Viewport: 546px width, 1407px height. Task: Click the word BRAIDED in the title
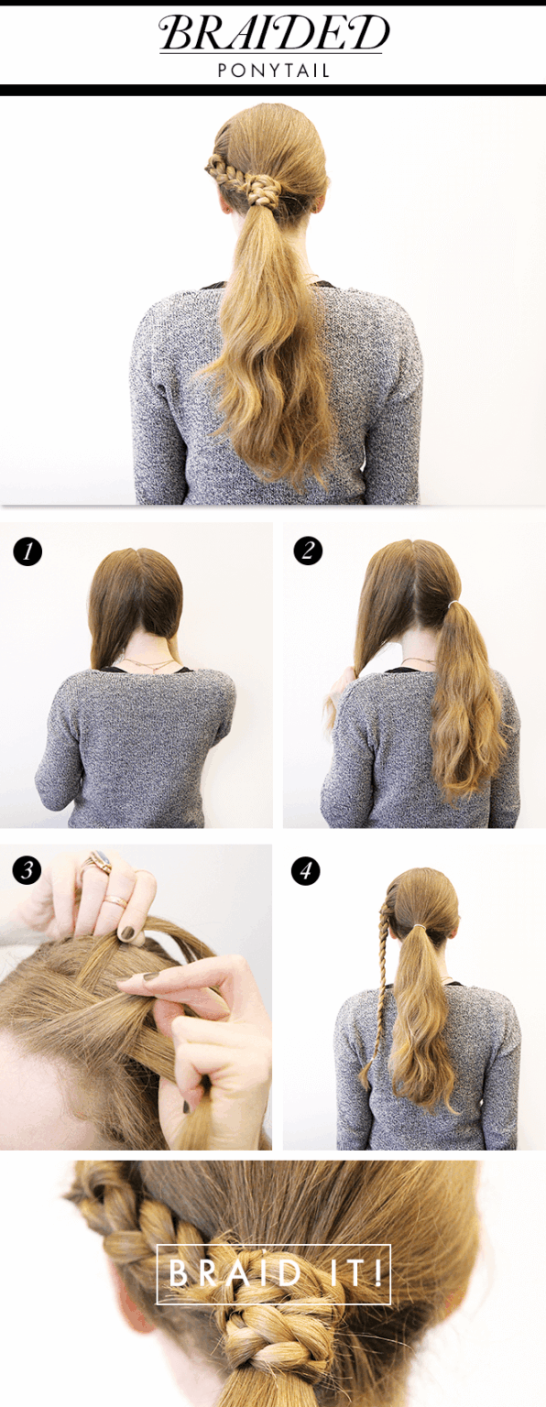(274, 33)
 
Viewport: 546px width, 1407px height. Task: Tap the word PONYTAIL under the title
(274, 71)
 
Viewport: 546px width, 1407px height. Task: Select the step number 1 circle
(27, 551)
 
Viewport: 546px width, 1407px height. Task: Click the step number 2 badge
(308, 551)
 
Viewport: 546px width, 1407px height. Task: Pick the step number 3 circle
(27, 870)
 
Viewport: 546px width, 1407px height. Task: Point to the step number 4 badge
(306, 871)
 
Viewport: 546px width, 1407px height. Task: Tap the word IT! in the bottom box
(353, 1273)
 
